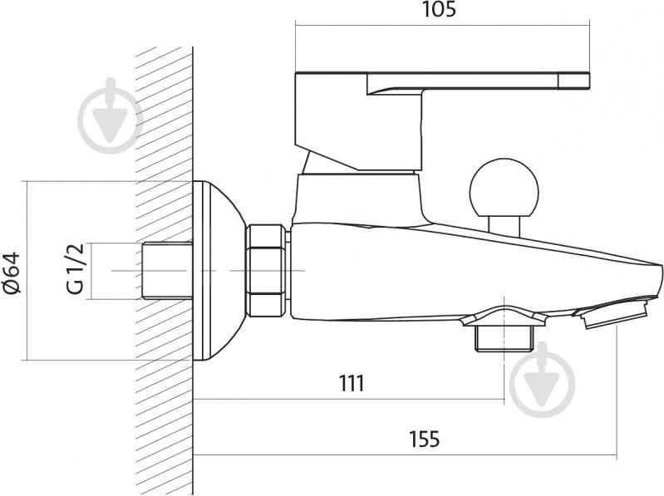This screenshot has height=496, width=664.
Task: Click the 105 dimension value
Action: (439, 9)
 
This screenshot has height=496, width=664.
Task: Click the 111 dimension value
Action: (352, 384)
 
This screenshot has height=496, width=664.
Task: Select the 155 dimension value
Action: (425, 439)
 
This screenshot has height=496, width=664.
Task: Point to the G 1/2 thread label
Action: (76, 269)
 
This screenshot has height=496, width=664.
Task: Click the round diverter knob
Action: (504, 187)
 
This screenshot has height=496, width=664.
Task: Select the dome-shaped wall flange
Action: (219, 271)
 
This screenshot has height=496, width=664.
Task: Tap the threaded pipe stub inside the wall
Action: (166, 271)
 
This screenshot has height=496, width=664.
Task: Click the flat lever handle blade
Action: (479, 82)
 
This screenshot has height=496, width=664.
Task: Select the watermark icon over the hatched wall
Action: (111, 115)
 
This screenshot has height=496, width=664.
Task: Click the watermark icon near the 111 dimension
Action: (542, 380)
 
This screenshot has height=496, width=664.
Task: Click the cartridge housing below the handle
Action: (358, 199)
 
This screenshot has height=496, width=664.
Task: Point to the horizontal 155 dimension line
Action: (405, 455)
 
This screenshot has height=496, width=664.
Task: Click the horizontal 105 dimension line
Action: (442, 26)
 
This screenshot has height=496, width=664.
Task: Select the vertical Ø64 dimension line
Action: (27, 271)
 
